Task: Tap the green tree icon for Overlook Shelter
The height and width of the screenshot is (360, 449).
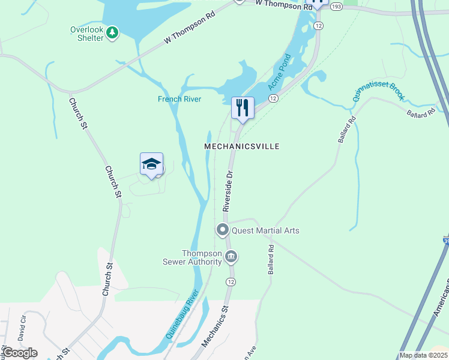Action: point(112,33)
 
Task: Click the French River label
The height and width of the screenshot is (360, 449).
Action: point(179,99)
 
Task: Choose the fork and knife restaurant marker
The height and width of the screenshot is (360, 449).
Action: point(243,108)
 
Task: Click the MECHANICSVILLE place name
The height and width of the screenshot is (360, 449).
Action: point(242,146)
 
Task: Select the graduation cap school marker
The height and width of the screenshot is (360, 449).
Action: point(151,164)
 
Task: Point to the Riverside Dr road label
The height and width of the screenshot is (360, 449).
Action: point(228,190)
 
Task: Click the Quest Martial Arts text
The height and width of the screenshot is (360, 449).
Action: point(265,230)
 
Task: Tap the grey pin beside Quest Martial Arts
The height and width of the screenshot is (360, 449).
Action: point(223,230)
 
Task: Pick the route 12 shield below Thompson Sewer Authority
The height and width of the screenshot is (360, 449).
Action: point(231,281)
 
